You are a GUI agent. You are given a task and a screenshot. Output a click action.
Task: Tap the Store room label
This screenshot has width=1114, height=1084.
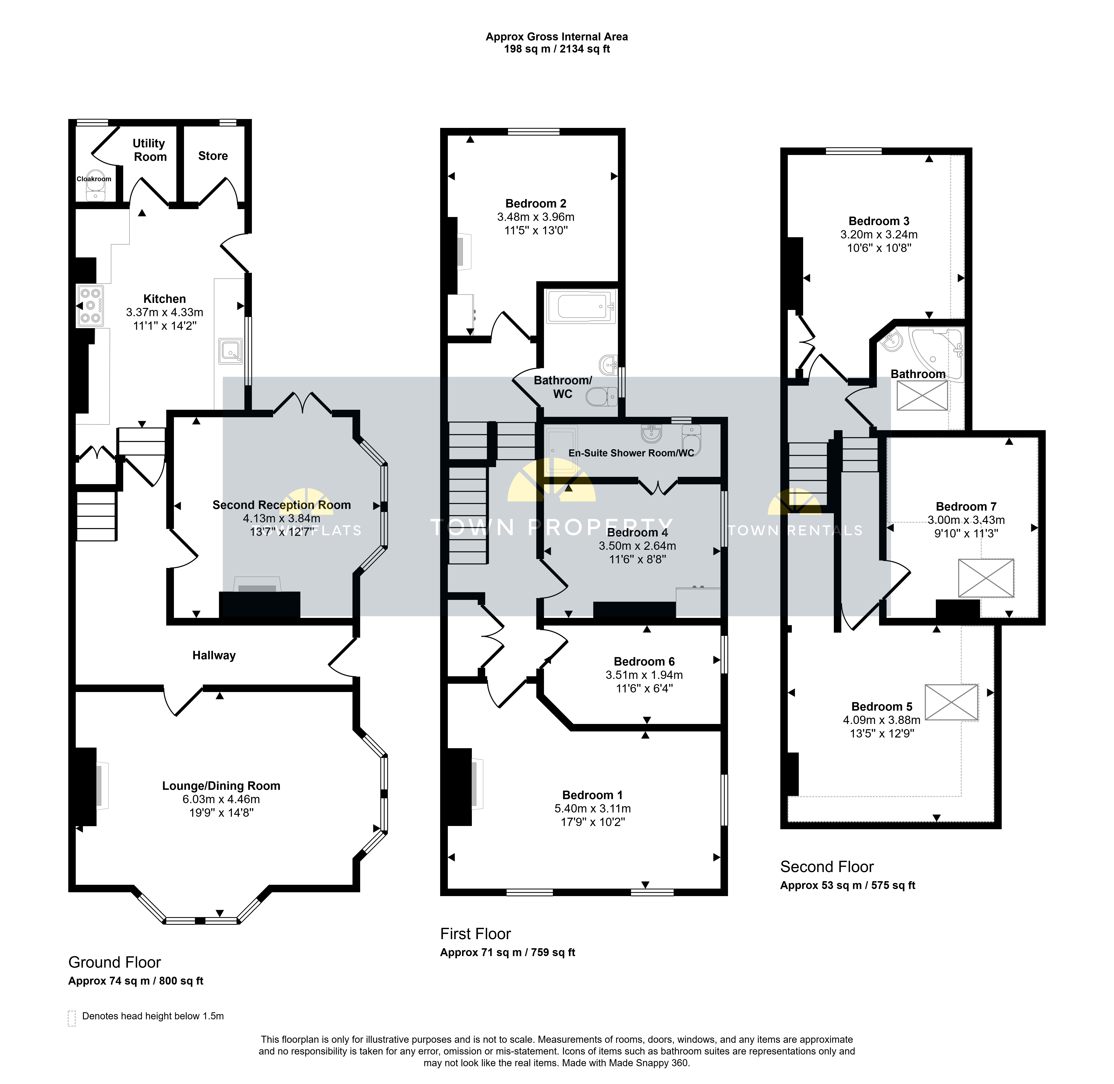pos(213,156)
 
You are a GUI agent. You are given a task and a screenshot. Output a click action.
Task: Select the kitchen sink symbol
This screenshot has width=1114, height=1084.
pos(230,351)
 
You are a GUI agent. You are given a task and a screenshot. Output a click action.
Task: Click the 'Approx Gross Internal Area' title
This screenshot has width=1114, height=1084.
pos(557,36)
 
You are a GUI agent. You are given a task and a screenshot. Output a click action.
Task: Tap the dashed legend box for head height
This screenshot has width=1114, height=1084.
pos(72,1019)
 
